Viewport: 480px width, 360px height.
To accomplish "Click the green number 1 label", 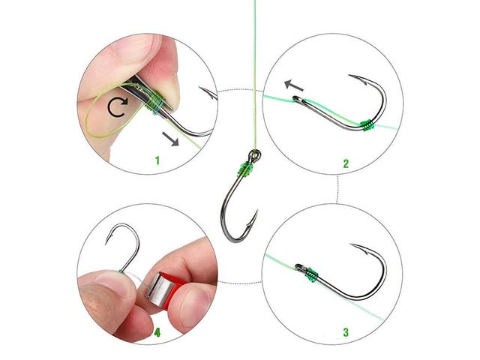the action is [157, 160].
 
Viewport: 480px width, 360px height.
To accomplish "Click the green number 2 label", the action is [346, 163].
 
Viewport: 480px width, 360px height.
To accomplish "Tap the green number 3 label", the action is [346, 332].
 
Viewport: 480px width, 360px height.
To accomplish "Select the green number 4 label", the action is [157, 332].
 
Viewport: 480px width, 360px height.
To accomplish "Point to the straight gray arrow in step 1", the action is [170, 139].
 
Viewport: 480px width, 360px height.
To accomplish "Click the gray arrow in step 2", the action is [294, 85].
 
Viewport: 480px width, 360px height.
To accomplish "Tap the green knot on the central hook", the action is [246, 170].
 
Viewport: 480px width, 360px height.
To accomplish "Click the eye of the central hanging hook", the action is [255, 156].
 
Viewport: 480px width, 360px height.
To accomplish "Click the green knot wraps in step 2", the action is [367, 125].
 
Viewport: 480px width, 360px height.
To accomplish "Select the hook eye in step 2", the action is [298, 100].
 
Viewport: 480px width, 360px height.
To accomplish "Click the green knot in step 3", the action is [312, 274].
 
